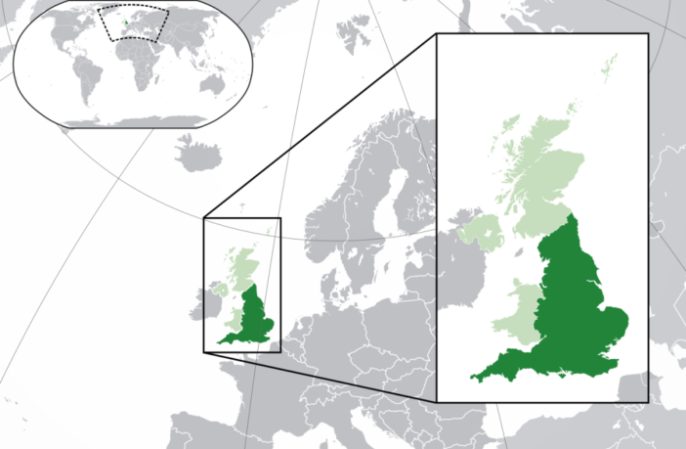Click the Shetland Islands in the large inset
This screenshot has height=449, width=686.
pyautogui.click(x=610, y=67)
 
